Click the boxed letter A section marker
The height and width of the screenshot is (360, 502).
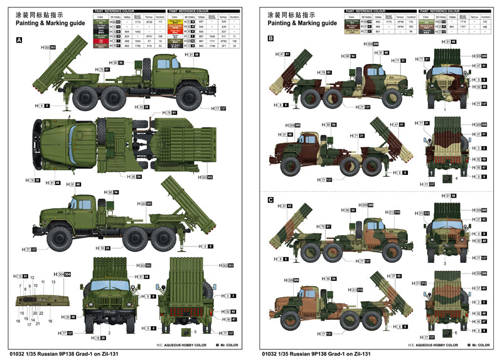pos(19,40)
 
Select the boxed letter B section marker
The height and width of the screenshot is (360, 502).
pos(270,39)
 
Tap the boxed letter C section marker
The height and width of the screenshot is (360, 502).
pos(270,200)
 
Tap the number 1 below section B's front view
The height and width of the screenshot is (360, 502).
pos(444,109)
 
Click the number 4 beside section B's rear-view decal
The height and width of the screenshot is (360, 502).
pos(457,179)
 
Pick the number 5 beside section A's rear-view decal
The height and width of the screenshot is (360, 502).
pos(195,331)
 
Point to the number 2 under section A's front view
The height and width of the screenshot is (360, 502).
pos(109,333)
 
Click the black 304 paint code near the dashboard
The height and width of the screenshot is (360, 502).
pos(67,274)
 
